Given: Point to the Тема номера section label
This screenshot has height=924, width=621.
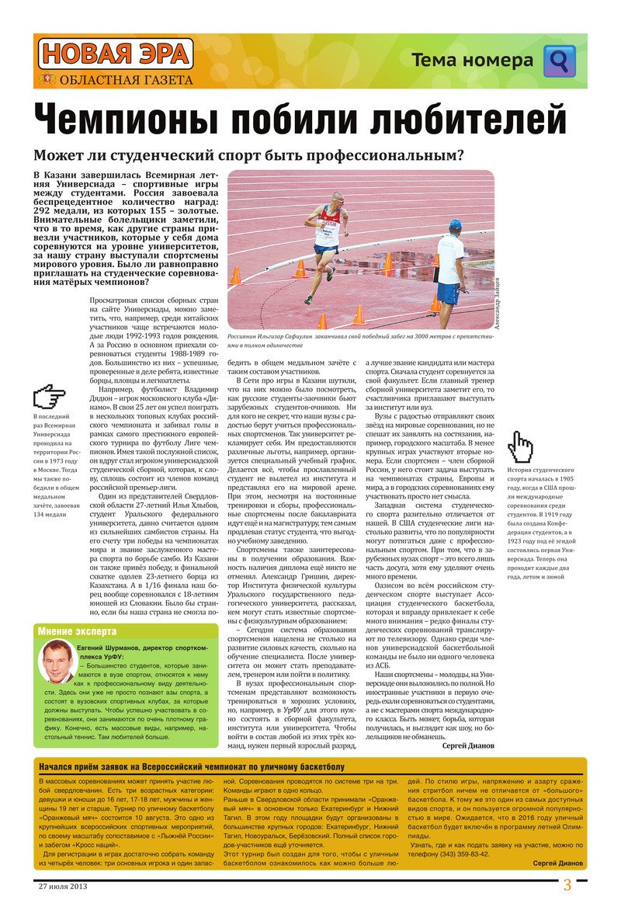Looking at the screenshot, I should tap(472, 61).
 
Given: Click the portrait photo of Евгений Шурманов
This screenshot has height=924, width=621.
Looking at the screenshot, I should tap(56, 662).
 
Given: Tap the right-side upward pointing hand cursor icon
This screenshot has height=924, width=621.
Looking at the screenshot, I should tap(521, 446).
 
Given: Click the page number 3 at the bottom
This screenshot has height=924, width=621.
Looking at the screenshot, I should tap(567, 885).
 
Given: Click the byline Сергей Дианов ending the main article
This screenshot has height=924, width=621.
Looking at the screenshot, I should tap(467, 745).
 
